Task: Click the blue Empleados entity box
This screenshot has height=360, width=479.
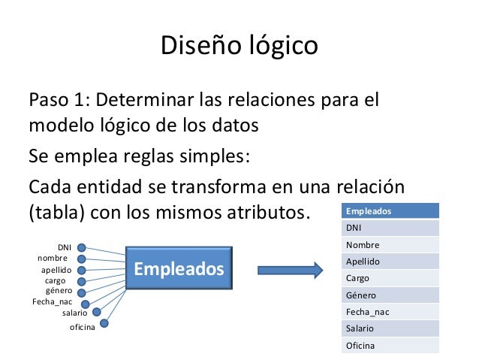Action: click(178, 269)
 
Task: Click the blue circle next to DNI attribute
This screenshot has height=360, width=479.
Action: click(81, 247)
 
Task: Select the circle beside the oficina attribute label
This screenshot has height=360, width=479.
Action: click(104, 324)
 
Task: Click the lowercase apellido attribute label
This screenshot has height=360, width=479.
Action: click(56, 269)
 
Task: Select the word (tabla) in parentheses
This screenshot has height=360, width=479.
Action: click(56, 212)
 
